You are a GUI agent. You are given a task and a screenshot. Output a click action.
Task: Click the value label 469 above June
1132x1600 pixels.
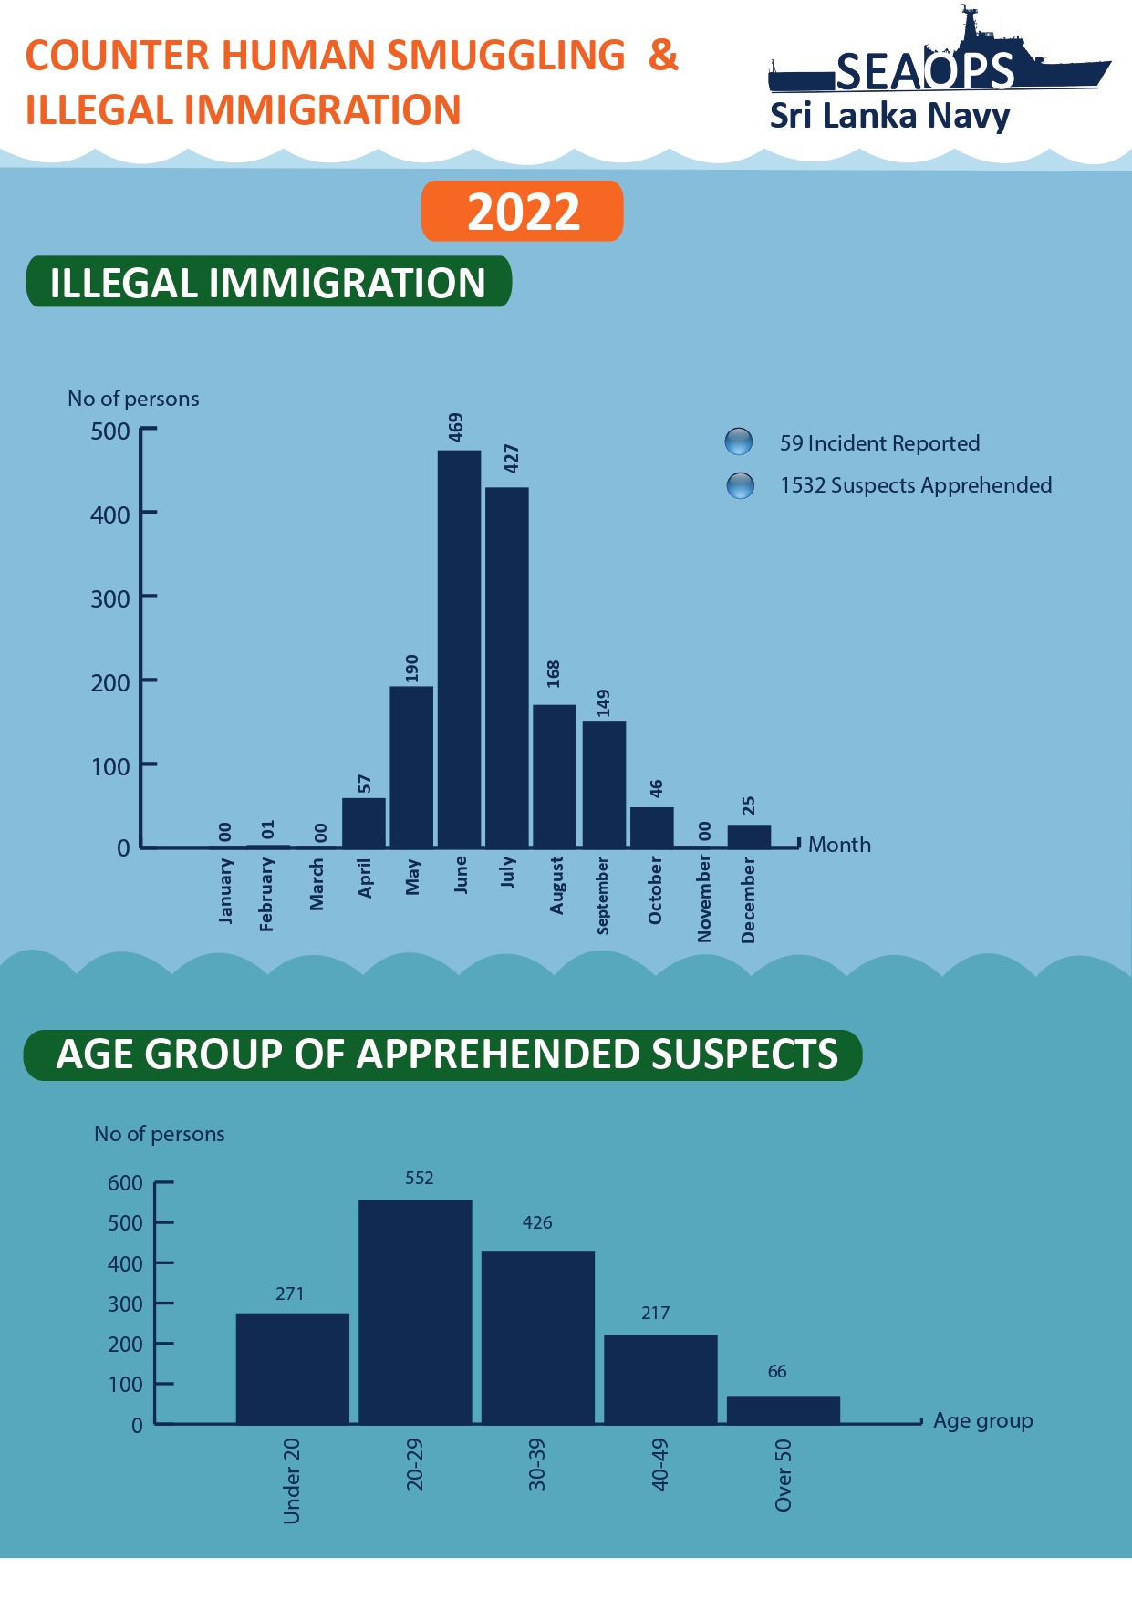[x=456, y=427]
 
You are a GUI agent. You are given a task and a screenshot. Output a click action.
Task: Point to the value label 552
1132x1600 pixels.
[x=420, y=1178]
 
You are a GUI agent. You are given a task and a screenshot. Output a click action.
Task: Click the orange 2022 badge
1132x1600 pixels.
[x=523, y=212]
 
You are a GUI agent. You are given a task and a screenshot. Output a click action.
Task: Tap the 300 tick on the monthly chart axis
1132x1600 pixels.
[x=110, y=598]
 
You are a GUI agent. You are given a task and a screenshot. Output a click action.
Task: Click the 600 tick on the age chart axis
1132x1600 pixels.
[x=125, y=1183]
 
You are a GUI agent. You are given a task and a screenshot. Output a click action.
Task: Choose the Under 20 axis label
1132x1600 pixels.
[x=291, y=1481]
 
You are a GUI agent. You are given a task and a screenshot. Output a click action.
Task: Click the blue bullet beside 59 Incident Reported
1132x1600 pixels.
[x=738, y=442]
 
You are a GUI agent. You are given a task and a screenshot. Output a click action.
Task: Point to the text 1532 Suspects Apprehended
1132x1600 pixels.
[x=916, y=485]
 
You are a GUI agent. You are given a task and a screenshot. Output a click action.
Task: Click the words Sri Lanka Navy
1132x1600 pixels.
[x=889, y=116]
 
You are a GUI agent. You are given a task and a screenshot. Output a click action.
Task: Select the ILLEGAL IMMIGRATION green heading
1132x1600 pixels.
[x=268, y=283]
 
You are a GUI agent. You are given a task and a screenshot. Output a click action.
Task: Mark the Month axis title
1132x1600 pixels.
[x=839, y=845]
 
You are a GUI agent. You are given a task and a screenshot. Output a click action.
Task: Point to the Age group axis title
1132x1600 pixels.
[x=983, y=1420]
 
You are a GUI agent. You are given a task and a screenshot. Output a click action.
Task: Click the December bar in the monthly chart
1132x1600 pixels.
[x=749, y=836]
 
